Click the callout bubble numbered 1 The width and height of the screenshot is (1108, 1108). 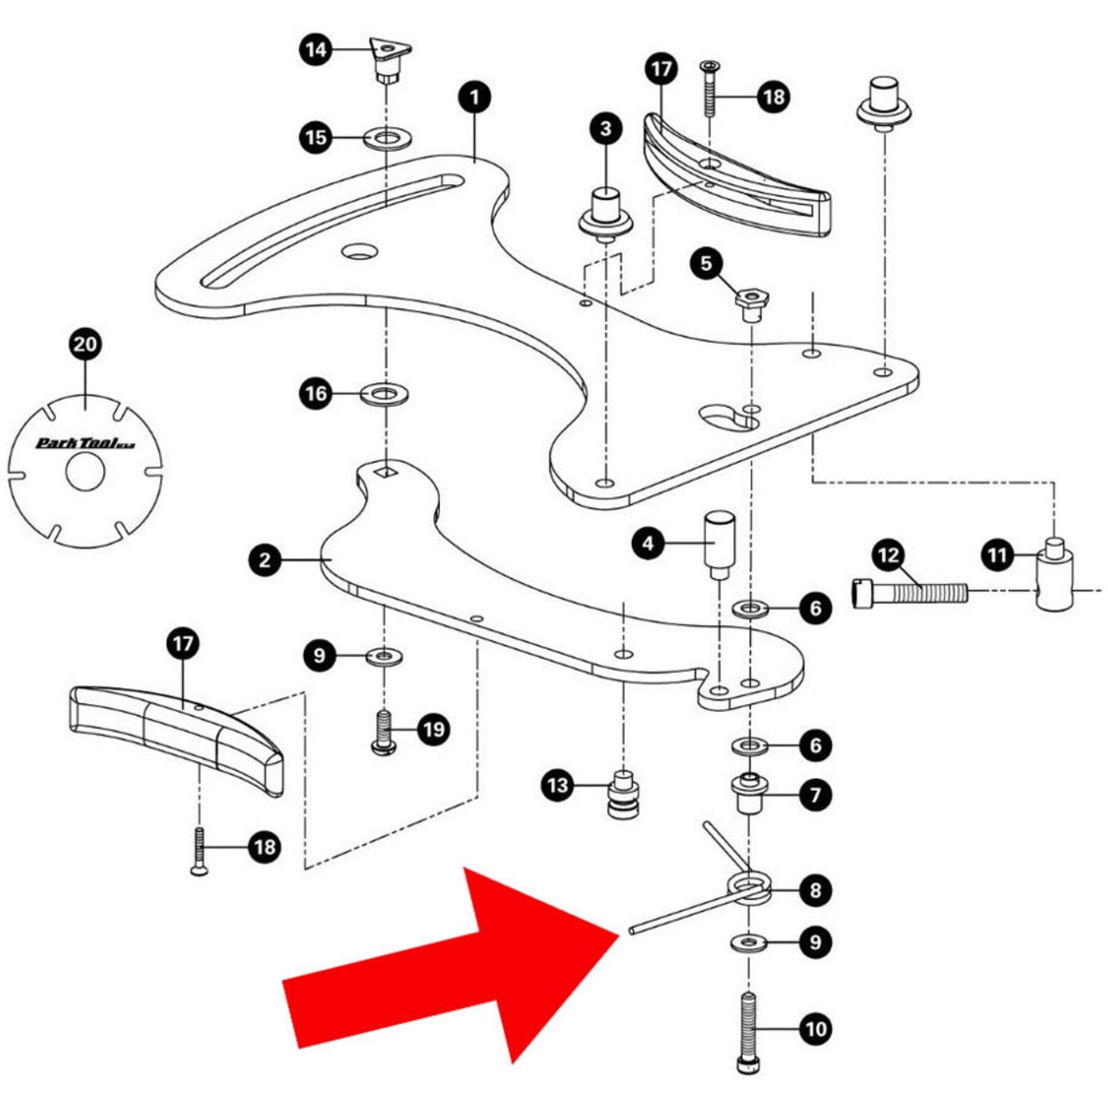click(x=475, y=97)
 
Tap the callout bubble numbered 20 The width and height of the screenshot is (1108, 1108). click(x=85, y=344)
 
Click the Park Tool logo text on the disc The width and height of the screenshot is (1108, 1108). click(x=85, y=443)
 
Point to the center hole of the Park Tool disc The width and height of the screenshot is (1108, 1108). click(x=86, y=472)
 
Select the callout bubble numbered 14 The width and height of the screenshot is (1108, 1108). click(x=316, y=49)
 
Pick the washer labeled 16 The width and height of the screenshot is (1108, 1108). click(x=384, y=393)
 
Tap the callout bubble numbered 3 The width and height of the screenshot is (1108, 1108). click(x=606, y=129)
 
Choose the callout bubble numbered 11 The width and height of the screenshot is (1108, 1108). click(x=997, y=556)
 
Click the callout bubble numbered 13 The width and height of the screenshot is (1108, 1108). click(x=558, y=785)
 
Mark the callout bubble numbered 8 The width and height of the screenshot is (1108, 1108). click(x=815, y=890)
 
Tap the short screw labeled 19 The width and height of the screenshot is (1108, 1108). click(x=384, y=732)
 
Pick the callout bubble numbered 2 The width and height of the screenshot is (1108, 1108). click(x=265, y=560)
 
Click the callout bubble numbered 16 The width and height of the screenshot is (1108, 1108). click(x=316, y=393)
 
